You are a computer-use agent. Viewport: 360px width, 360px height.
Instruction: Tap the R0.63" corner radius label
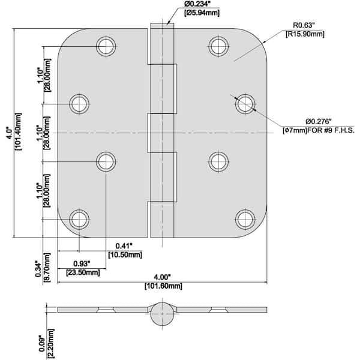coord(304,25)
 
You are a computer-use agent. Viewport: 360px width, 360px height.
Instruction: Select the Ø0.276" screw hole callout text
coord(319,121)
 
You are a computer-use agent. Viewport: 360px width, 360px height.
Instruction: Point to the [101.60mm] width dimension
coord(163,286)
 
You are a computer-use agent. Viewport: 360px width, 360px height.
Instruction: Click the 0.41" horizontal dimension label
coord(124,246)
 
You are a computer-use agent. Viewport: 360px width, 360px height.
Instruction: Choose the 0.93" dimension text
coord(82,263)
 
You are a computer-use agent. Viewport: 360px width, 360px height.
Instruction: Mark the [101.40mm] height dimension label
coord(19,131)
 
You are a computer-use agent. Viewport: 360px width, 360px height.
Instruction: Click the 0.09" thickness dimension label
coord(42,343)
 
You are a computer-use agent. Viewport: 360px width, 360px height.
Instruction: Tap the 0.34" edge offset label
coord(38,268)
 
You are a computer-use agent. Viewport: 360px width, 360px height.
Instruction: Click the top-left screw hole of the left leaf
coord(106,46)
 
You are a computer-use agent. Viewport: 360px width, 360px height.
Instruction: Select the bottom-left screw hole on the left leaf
coord(79,220)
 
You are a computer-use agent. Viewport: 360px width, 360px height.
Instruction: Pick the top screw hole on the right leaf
coord(218,46)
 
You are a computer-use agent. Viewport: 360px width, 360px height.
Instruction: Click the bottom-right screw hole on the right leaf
coord(245,220)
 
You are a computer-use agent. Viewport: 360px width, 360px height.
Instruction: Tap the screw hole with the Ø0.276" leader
coord(245,104)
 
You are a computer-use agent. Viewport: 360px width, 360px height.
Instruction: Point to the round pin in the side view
coord(162,314)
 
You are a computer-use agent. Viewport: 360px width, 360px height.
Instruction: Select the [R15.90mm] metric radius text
coord(305,34)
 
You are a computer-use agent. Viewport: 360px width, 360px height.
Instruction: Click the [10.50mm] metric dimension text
coord(125,255)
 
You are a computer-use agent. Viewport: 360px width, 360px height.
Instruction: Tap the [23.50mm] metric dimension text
coord(83,273)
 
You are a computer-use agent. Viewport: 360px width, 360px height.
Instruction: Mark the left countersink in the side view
coord(106,310)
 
